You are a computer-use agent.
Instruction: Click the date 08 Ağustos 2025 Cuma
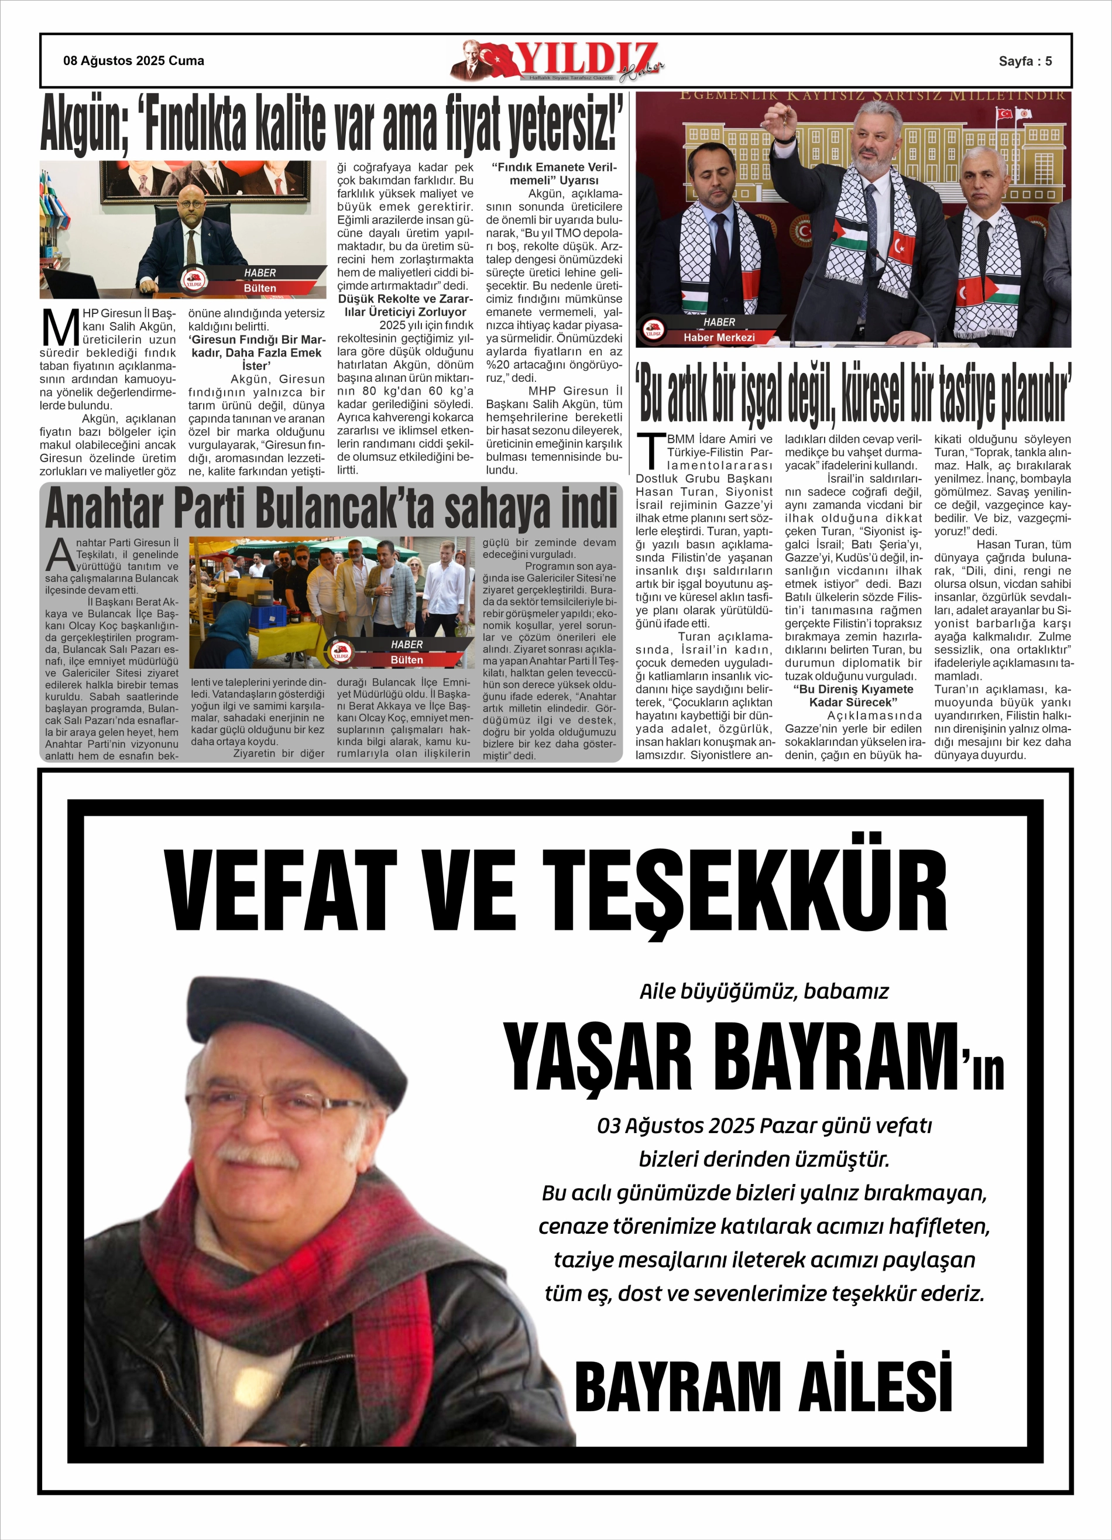[134, 61]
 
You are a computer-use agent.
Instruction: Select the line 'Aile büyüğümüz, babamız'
[764, 991]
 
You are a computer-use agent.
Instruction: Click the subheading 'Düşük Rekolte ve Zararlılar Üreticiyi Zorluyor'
[405, 306]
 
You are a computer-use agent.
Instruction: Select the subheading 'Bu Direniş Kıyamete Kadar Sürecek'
[853, 695]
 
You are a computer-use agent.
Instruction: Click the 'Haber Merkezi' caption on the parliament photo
[719, 337]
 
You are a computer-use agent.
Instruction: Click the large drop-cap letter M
[60, 327]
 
